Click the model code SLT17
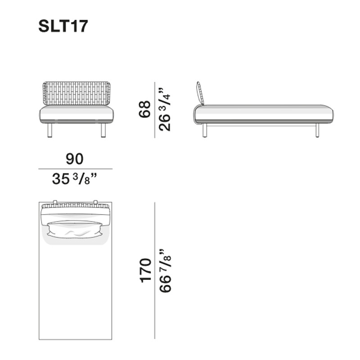tap(63, 26)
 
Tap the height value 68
tap(145, 109)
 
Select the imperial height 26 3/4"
tap(164, 109)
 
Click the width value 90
tap(74, 159)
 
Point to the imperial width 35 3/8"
tap(74, 179)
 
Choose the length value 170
tap(145, 270)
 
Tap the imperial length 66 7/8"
tap(165, 270)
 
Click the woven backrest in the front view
tap(76, 94)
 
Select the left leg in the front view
tap(50, 130)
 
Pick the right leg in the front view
tap(103, 130)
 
